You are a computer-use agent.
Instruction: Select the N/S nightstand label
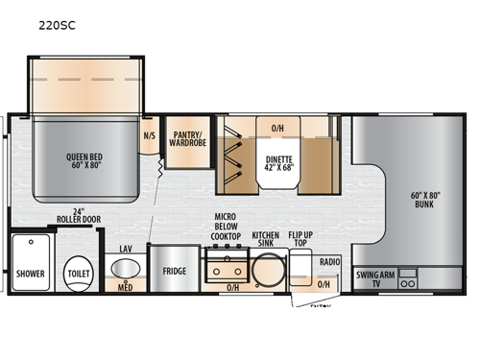click(x=149, y=136)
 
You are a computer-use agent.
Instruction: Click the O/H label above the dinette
click(x=277, y=128)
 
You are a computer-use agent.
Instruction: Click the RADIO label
click(x=329, y=260)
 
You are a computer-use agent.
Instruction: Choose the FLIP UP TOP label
click(x=301, y=238)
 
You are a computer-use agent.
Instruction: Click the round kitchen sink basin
click(x=266, y=271)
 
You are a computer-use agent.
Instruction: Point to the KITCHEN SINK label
click(x=266, y=238)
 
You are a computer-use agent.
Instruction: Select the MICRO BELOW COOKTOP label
click(x=226, y=227)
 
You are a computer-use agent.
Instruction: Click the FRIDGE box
click(x=174, y=272)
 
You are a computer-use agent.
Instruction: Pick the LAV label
click(x=126, y=249)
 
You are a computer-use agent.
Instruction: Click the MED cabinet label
click(x=126, y=286)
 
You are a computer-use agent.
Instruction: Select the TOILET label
click(x=77, y=273)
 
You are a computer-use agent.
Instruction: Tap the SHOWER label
click(x=31, y=273)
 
